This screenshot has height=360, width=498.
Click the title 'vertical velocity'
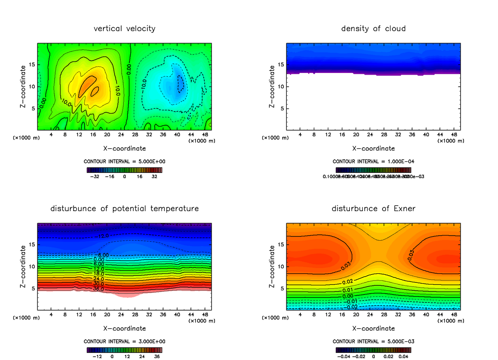(x=124, y=29)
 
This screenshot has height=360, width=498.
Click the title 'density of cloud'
(x=373, y=29)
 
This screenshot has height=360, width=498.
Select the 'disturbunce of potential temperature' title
(x=124, y=208)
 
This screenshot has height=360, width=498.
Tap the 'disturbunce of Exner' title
(x=373, y=208)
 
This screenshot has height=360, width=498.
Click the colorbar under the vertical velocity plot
(x=124, y=170)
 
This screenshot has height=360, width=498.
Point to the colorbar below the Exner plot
(x=373, y=350)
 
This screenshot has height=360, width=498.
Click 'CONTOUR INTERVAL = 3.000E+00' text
(x=124, y=341)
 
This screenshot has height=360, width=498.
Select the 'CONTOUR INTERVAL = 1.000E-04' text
(x=373, y=161)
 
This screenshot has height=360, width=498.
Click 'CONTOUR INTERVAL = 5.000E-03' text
(x=373, y=341)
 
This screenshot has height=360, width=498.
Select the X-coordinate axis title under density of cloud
(x=373, y=148)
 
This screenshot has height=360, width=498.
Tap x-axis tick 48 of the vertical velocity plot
(x=205, y=134)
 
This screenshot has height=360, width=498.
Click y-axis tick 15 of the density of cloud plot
(x=281, y=65)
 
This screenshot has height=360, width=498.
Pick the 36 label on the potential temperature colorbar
(x=157, y=356)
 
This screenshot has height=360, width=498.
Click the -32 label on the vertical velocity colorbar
(x=96, y=176)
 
